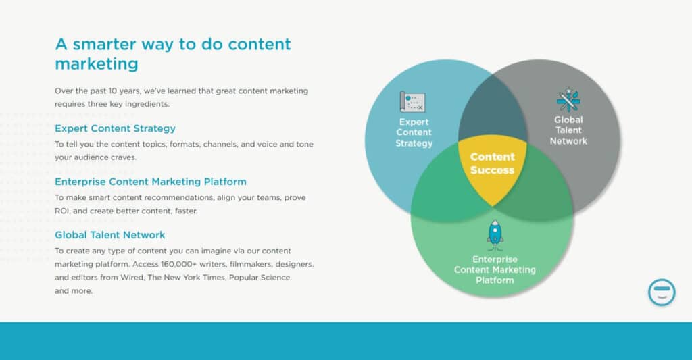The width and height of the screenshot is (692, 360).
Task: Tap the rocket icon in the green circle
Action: point(495,234)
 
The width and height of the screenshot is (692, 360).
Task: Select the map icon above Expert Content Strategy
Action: point(412,102)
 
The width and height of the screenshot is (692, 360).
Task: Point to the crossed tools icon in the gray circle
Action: point(568,100)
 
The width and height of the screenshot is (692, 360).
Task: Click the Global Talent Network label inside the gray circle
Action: point(568,130)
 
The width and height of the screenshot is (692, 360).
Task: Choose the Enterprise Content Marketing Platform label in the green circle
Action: point(495,269)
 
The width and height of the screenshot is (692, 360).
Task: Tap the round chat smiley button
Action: point(662,292)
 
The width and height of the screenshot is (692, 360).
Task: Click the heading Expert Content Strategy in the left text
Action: point(115,128)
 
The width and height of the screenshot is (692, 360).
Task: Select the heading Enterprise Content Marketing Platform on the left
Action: point(150,182)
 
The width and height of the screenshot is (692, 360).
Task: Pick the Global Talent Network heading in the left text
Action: point(109,235)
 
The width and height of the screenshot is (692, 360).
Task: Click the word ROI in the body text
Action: point(63,211)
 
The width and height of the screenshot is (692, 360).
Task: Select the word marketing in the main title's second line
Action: point(96,64)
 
